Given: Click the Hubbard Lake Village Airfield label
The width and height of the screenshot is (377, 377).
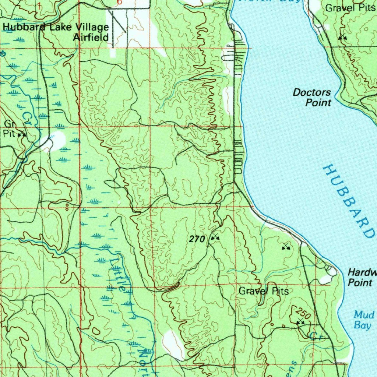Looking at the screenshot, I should (56, 32).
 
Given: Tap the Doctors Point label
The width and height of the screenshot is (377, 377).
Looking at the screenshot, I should (312, 98).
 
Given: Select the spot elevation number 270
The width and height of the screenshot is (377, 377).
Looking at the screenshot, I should (197, 239).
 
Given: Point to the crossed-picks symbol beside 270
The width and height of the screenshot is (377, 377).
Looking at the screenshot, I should (215, 238).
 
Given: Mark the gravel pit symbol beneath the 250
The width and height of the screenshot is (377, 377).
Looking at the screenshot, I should (300, 323).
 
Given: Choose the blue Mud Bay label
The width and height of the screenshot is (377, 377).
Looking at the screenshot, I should (364, 320).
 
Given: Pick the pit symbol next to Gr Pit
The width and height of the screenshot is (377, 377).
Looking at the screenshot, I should (22, 134).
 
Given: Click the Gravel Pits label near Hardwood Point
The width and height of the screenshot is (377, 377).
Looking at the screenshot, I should (264, 291).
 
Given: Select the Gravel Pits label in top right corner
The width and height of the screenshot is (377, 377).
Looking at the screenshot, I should (350, 8).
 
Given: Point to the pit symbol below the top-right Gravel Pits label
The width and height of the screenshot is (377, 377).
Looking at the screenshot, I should (342, 37).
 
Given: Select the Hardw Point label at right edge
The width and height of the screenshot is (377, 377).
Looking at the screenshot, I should (362, 277).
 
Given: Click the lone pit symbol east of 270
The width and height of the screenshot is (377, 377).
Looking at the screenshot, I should (286, 247).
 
